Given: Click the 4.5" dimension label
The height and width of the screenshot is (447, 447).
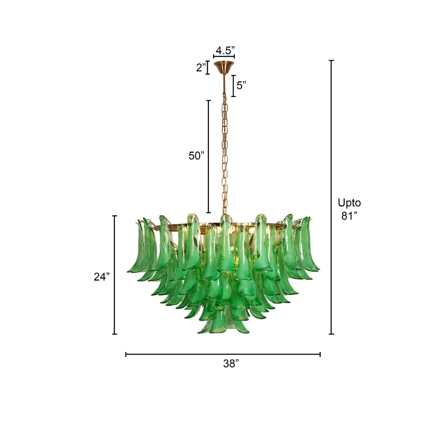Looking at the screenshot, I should (225, 50).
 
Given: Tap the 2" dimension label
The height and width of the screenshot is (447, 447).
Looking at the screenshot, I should (201, 68).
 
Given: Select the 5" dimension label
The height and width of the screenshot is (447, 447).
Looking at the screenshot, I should (241, 85).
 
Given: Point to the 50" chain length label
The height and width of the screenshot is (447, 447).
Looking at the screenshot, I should (197, 156).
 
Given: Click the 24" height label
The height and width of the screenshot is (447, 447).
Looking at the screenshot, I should (102, 277).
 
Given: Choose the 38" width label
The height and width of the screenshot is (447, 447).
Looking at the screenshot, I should (231, 364).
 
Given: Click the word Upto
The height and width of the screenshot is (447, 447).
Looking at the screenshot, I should (349, 203).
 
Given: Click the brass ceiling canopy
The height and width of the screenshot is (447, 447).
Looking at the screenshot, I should (224, 67).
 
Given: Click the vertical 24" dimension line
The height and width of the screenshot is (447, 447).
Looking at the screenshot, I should (115, 275).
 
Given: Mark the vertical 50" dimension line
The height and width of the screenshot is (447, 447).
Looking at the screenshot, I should (209, 156).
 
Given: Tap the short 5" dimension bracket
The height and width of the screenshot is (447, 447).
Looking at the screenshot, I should (234, 86).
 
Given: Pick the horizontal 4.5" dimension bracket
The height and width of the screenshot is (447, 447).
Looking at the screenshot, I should (224, 56).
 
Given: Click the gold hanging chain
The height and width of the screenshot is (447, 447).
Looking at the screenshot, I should (225, 156).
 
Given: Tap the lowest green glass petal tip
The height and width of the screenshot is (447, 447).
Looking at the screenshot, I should (203, 331).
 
